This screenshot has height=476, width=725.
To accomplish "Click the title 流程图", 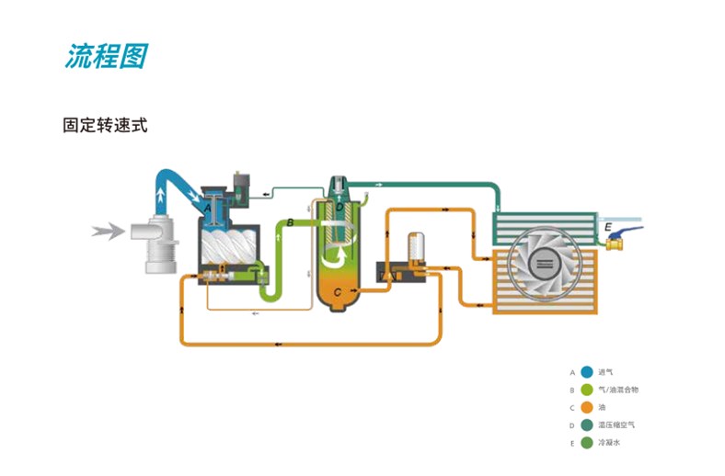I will coord(105,56).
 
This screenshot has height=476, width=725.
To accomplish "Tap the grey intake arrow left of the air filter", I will coord(109,232).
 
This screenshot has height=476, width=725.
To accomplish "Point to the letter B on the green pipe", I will coord(291,222).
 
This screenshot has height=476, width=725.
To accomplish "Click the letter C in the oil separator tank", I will coord(338,292).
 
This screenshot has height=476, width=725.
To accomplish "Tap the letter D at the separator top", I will coord(339,209).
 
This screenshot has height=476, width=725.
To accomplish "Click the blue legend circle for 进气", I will coord(586,372).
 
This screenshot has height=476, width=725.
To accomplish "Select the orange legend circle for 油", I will coord(586,407).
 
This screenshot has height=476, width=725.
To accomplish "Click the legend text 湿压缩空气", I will coord(616,425).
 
